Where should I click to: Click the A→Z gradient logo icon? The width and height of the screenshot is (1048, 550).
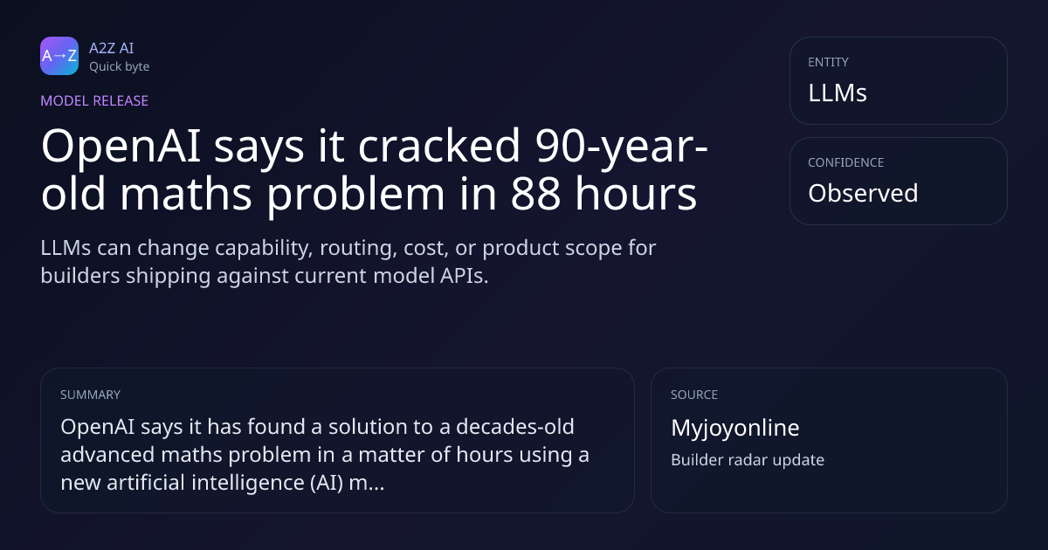tap(59, 56)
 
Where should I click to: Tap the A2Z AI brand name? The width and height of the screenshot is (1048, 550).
tap(112, 48)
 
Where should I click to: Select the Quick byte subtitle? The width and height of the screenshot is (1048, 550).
tap(120, 67)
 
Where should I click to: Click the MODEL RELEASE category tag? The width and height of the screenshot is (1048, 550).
tap(94, 100)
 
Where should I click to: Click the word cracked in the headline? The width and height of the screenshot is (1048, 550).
tap(438, 146)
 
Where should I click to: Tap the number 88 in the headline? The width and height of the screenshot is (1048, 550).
tap(534, 193)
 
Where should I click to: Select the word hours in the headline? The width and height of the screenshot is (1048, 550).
tap(636, 192)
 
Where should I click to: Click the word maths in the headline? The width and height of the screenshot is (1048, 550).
tap(186, 192)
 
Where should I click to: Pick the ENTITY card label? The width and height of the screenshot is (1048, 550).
tap(828, 62)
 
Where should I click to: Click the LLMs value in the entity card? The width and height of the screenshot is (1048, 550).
tap(838, 93)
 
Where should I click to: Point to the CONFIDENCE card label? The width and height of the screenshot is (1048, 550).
tap(846, 162)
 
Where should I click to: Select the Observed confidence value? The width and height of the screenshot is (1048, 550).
tap(863, 193)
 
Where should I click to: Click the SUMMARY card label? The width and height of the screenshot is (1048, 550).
tap(90, 395)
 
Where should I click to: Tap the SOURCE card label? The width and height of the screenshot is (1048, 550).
tap(694, 395)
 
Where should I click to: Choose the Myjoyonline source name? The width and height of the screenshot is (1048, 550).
tap(735, 428)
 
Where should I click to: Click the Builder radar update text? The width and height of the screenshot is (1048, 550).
tap(748, 460)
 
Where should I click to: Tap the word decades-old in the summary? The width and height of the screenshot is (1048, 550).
tap(515, 427)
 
